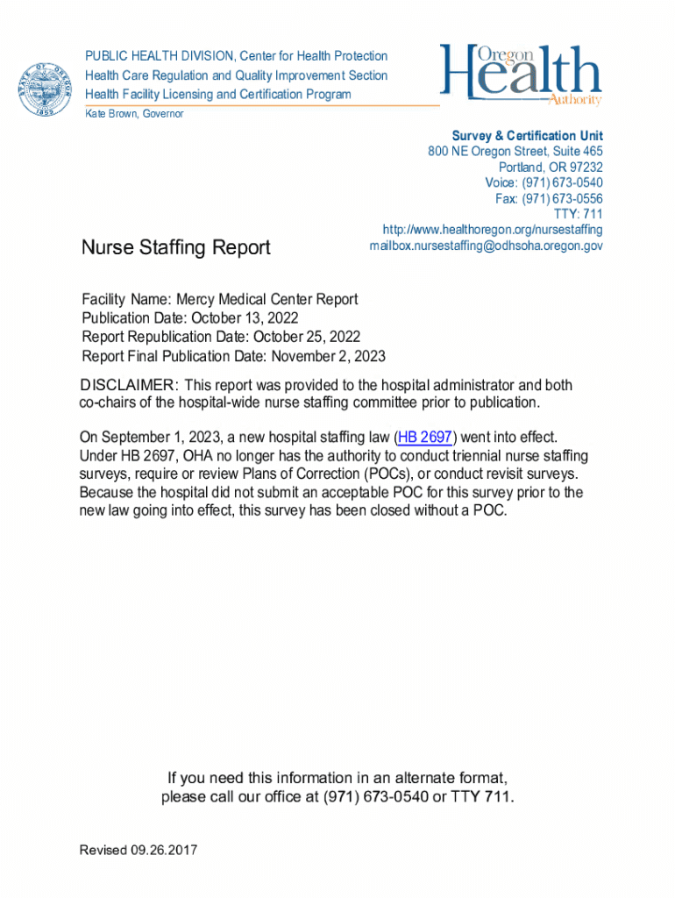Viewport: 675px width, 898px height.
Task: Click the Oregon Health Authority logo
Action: (521, 75)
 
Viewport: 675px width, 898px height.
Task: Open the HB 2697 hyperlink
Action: (425, 437)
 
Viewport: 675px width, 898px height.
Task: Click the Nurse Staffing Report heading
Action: (176, 248)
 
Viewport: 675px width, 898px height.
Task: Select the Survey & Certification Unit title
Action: (527, 136)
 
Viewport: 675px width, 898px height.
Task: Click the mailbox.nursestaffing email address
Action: (486, 246)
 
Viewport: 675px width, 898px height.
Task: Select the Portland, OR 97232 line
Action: (551, 167)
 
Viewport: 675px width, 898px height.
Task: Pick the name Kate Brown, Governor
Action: (134, 114)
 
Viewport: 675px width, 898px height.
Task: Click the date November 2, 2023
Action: (328, 356)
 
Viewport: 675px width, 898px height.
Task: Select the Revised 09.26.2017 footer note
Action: (139, 850)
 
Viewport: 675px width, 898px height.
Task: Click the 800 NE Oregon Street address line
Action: (515, 152)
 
